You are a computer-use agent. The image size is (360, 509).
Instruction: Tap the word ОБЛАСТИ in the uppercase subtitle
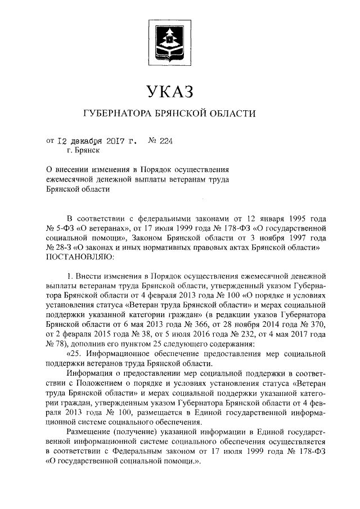pyautogui.click(x=235, y=114)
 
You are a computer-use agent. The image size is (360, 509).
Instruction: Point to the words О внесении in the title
pyautogui.click(x=67, y=169)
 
